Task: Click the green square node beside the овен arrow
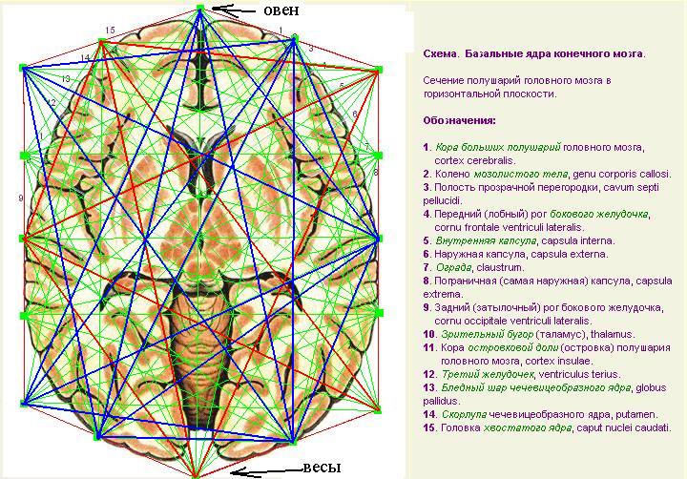click(200, 8)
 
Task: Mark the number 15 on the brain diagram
click(111, 31)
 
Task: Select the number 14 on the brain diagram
click(85, 58)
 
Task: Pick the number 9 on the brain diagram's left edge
click(20, 198)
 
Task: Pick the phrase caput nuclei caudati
click(623, 427)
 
